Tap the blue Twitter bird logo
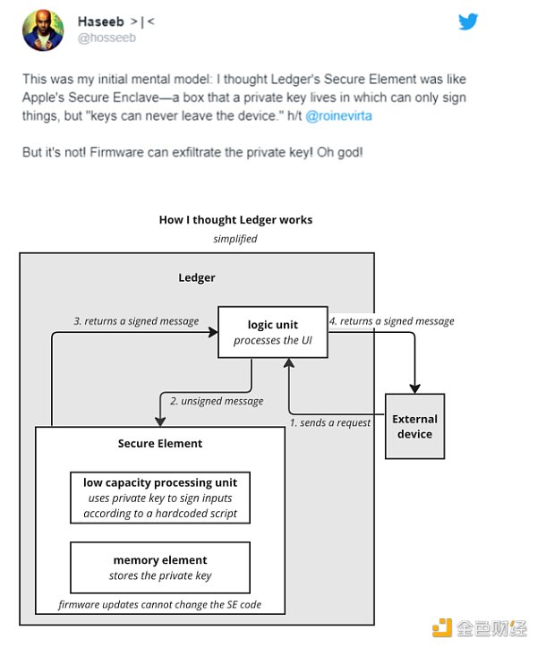point(468,22)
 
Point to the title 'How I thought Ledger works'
point(235,219)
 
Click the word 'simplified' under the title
point(235,239)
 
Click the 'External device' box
point(414,426)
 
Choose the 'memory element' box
point(160,567)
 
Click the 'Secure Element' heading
point(160,443)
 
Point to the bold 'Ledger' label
point(197,277)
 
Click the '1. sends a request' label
point(330,422)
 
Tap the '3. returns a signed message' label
point(136,320)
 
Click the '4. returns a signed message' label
point(391,320)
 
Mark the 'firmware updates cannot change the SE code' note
point(160,605)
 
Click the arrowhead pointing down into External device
point(415,387)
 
